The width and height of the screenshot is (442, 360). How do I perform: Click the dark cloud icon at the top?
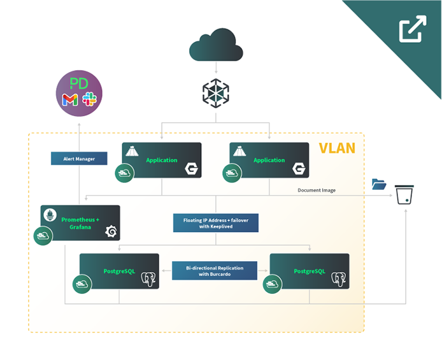[216, 45]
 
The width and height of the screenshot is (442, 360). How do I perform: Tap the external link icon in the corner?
[412, 29]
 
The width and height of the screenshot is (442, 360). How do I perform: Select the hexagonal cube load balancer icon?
[215, 94]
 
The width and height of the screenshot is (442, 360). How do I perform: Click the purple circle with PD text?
[79, 93]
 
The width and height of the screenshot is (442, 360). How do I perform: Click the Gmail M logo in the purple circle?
[70, 99]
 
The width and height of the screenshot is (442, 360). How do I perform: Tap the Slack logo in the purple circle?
[89, 99]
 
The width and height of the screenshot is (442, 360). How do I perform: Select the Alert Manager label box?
[79, 159]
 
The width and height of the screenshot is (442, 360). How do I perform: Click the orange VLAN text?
[337, 149]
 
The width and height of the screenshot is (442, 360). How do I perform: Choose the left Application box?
[162, 160]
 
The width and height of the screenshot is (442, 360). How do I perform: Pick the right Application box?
[269, 160]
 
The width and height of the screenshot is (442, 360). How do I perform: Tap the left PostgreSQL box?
[119, 271]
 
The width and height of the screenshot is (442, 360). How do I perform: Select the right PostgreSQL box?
[310, 271]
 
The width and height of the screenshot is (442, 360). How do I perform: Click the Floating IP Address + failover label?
[215, 222]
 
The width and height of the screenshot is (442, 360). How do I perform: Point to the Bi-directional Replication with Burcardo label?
[215, 270]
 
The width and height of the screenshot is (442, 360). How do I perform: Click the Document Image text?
[317, 191]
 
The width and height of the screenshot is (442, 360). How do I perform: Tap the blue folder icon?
[379, 184]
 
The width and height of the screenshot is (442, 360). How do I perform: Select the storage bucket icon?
[404, 194]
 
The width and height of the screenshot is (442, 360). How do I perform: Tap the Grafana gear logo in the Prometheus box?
[110, 231]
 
